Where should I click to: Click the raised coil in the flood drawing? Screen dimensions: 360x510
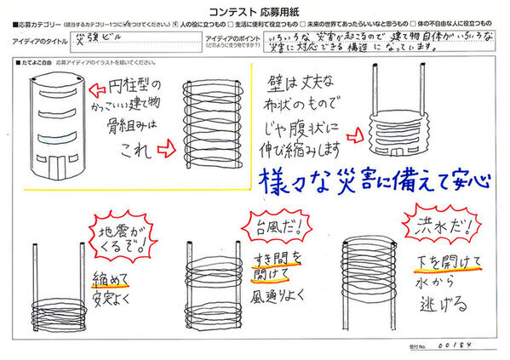pyautogui.click(x=367, y=264)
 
